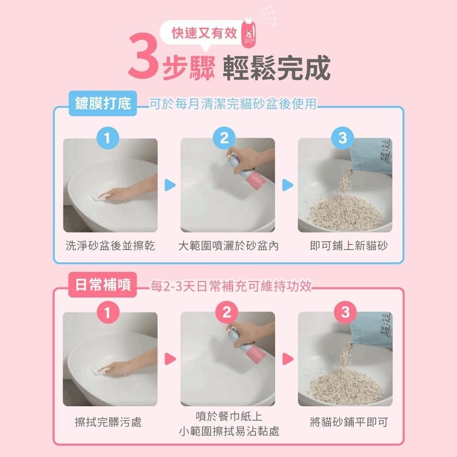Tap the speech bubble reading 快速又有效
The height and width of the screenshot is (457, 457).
click(x=204, y=33)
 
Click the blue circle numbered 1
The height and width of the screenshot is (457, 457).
click(x=108, y=138)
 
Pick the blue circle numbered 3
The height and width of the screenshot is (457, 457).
click(x=343, y=138)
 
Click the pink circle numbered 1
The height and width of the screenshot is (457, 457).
click(x=108, y=312)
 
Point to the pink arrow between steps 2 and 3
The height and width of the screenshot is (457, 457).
click(x=287, y=359)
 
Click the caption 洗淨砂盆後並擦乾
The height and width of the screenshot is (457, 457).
click(x=110, y=246)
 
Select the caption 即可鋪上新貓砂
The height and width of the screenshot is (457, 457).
click(x=348, y=246)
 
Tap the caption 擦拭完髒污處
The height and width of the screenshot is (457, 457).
click(x=108, y=422)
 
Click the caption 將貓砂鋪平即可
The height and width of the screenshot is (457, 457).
click(x=348, y=422)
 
